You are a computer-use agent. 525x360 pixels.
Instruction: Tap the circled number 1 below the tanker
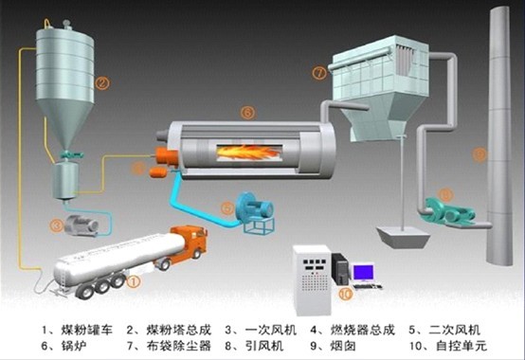point(134,280)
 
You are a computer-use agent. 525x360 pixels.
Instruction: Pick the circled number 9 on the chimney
point(480,153)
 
